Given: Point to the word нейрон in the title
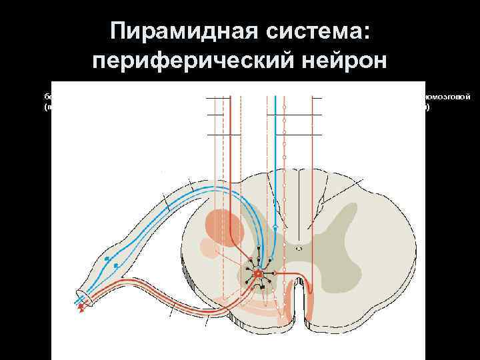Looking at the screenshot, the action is click(347, 61).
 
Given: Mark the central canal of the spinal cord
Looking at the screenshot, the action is click(299, 248).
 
